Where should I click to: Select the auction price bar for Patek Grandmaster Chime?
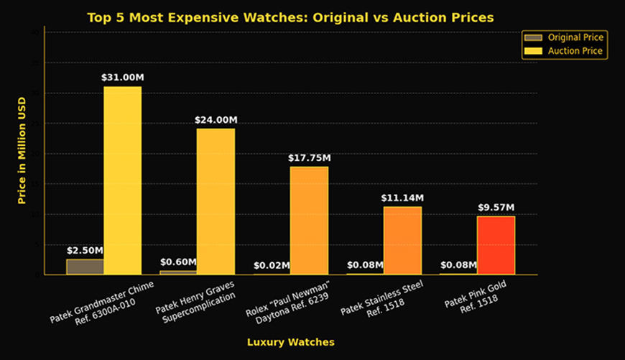pyautogui.click(x=122, y=180)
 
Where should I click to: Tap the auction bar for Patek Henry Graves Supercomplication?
pyautogui.click(x=216, y=201)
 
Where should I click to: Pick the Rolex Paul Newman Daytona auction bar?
pyautogui.click(x=309, y=220)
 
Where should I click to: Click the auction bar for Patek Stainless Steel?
pyautogui.click(x=402, y=240)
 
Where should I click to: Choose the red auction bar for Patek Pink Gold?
pyautogui.click(x=496, y=245)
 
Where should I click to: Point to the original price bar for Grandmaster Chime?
pyautogui.click(x=85, y=267)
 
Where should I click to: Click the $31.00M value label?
pyautogui.click(x=122, y=77)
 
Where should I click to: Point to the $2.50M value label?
pyautogui.click(x=85, y=250)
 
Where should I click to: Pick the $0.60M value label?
pyautogui.click(x=178, y=262)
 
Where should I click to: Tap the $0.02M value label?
pyautogui.click(x=272, y=265)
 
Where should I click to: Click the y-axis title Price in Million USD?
pyautogui.click(x=22, y=150)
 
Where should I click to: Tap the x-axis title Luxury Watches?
pyautogui.click(x=290, y=342)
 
